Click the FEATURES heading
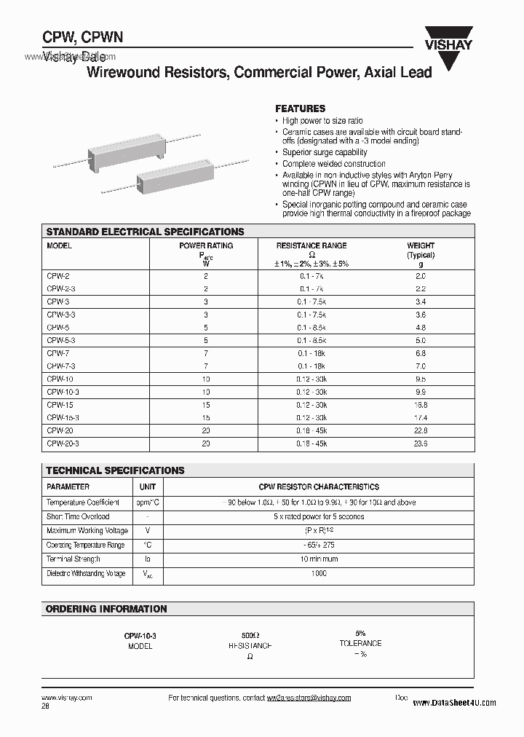tap(300, 108)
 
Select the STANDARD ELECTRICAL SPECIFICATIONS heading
tap(145, 232)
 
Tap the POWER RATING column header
tap(206, 246)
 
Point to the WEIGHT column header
tap(421, 246)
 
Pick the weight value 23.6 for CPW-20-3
tap(421, 443)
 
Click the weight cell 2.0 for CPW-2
tap(421, 276)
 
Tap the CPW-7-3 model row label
tap(61, 366)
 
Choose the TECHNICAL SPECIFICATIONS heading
tap(115, 470)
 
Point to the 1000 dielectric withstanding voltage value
tap(318, 573)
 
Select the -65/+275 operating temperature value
tap(318, 545)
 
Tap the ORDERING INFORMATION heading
tap(106, 609)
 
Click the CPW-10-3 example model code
tap(140, 636)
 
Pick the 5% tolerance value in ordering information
tap(360, 634)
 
